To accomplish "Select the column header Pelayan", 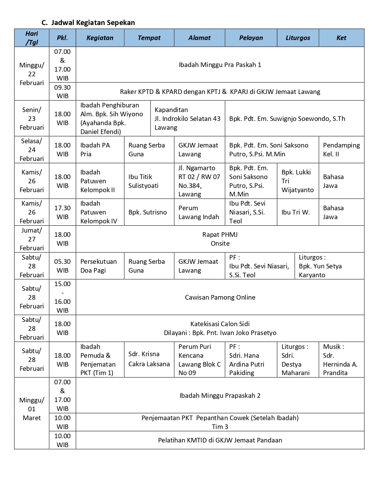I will point(251,38).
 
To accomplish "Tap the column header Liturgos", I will point(298,38).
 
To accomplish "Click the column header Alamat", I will point(199,38).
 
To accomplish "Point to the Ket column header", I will point(341,38).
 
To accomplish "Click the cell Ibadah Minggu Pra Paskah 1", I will point(220,65).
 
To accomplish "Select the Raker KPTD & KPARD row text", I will point(220,92).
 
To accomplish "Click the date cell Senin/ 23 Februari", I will point(32,119).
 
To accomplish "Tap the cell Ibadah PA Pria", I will point(95,150).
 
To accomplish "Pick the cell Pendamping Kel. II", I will point(341,150).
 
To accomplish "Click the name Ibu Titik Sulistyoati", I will point(143,181).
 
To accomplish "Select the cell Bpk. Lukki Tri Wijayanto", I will point(297,181).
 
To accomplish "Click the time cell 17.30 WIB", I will point(62,212).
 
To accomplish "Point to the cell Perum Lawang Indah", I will point(198,212).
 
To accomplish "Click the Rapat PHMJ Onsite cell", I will point(220,239).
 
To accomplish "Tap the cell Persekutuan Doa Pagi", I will point(98,266).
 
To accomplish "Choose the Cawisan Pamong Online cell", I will point(220,297).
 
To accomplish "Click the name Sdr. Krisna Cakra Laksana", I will point(149,359).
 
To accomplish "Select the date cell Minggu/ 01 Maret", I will point(32,409).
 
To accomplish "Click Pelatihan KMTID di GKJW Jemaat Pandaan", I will point(220,440).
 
